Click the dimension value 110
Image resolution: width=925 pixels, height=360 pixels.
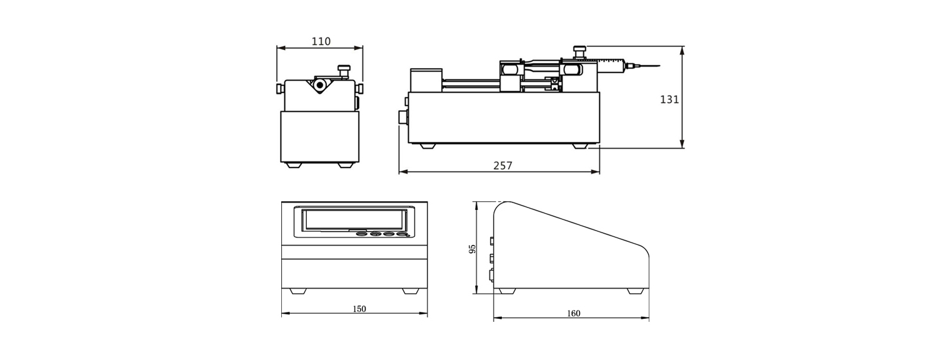pos(321,41)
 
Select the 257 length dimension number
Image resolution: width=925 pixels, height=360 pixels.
pos(502,166)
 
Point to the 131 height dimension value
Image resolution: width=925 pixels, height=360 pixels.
pos(669,99)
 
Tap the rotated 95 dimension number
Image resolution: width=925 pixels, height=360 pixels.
pos(473,249)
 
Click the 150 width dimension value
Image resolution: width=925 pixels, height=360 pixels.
pos(359,309)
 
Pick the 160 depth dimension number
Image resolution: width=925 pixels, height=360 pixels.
pos(574,313)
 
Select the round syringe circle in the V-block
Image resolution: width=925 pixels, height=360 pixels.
pos(320,84)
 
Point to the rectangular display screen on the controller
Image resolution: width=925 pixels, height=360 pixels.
pos(354,219)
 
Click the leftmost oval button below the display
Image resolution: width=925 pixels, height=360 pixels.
pos(362,235)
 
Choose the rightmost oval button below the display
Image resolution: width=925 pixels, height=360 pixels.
pos(402,235)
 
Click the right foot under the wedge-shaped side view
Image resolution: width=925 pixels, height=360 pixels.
pos(636,291)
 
